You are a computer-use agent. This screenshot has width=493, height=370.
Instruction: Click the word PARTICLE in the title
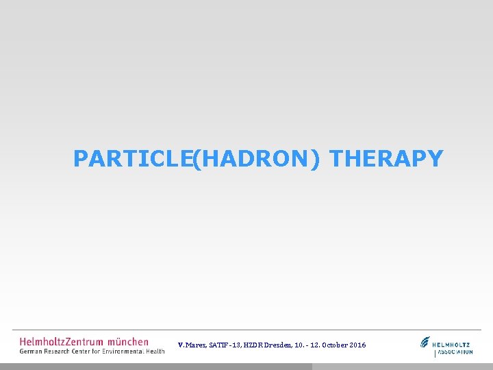click(x=131, y=159)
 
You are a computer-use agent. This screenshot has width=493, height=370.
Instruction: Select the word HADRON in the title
click(x=254, y=159)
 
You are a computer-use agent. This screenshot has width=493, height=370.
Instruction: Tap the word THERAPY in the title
click(x=386, y=159)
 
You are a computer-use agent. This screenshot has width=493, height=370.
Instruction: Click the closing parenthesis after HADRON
click(x=315, y=160)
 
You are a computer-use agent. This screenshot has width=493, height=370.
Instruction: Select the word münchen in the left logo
click(x=128, y=341)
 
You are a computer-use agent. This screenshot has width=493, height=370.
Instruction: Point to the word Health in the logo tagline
click(x=154, y=351)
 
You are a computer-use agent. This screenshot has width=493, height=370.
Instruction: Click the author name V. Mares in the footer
click(x=192, y=345)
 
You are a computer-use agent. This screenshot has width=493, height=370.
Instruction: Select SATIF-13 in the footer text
click(x=225, y=345)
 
